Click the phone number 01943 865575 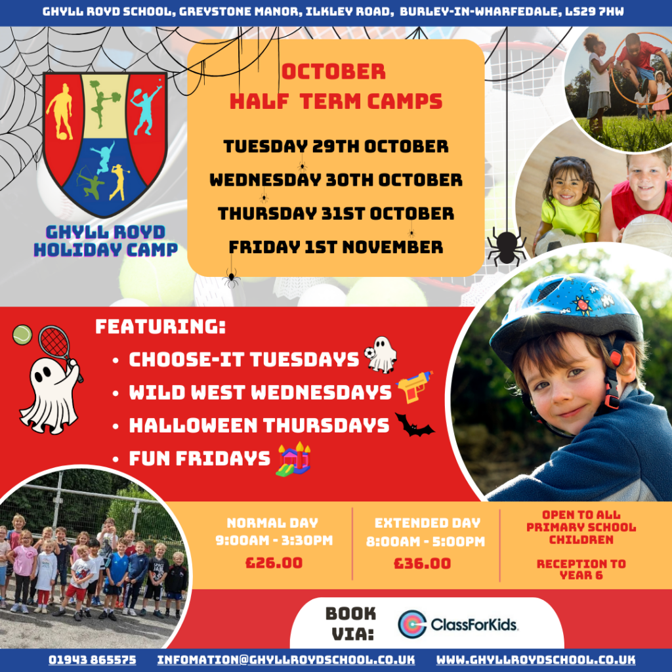pyautogui.click(x=92, y=660)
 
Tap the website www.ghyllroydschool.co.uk pyautogui.click(x=535, y=660)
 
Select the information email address pyautogui.click(x=286, y=660)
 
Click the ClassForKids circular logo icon pyautogui.click(x=412, y=624)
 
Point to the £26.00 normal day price pyautogui.click(x=274, y=562)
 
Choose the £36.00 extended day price pyautogui.click(x=422, y=563)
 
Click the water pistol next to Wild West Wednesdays pyautogui.click(x=415, y=387)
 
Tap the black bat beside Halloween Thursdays pyautogui.click(x=414, y=425)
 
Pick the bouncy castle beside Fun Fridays pyautogui.click(x=294, y=459)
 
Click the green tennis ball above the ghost pyautogui.click(x=22, y=335)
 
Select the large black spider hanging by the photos pyautogui.click(x=507, y=247)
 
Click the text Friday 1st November pyautogui.click(x=335, y=247)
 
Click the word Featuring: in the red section pyautogui.click(x=160, y=327)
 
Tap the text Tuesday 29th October pyautogui.click(x=335, y=146)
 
